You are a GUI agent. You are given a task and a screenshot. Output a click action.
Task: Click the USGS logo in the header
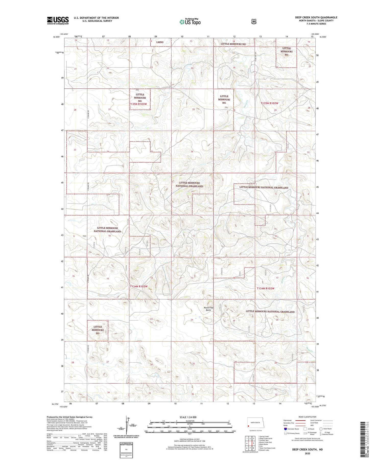pyautogui.click(x=58, y=20)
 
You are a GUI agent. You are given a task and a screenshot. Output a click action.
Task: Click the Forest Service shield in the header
pyautogui.click(x=254, y=22)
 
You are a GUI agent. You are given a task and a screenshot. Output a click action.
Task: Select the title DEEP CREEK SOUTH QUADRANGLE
pyautogui.click(x=316, y=17)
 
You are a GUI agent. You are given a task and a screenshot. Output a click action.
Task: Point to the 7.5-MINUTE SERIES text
pyautogui.click(x=316, y=24)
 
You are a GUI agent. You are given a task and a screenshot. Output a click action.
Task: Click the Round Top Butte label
pyautogui.click(x=208, y=309)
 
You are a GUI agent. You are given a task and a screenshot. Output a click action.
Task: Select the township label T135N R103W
pyautogui.click(x=138, y=104)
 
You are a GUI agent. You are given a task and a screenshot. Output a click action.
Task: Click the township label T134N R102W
pyautogui.click(x=266, y=288)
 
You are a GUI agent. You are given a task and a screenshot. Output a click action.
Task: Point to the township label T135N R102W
pyautogui.click(x=269, y=103)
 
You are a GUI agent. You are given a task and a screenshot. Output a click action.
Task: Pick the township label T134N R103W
pyautogui.click(x=139, y=286)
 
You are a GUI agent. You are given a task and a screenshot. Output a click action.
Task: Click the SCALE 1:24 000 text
pyautogui.click(x=188, y=417)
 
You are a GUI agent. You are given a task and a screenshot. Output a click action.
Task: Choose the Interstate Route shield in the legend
pyautogui.click(x=285, y=429)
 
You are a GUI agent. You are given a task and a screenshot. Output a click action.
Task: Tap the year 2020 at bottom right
pyautogui.click(x=307, y=454)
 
